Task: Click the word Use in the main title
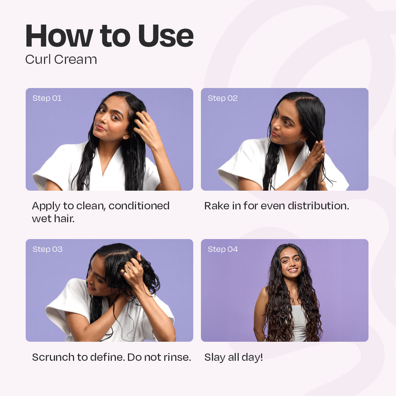pos(166,36)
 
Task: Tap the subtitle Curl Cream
pos(61,59)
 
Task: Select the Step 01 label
pos(47,98)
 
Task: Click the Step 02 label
pos(223,98)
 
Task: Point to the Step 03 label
pos(47,249)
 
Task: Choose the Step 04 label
pos(223,249)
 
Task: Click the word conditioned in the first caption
pos(139,206)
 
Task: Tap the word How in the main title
pos(59,36)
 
